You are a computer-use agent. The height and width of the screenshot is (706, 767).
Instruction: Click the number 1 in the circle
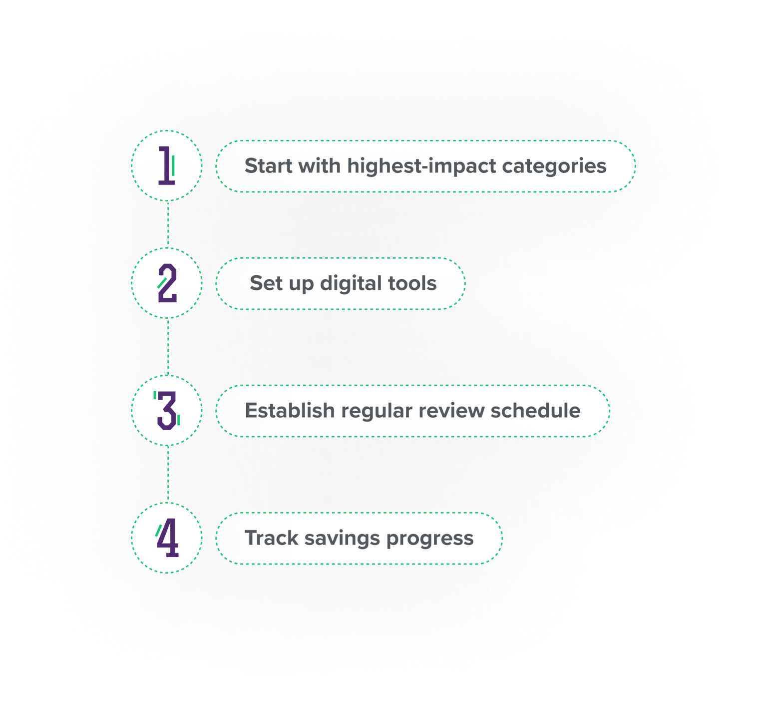point(167,165)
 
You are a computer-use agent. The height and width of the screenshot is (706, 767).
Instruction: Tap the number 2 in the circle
point(167,283)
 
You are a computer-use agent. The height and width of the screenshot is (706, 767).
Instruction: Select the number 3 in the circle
point(167,411)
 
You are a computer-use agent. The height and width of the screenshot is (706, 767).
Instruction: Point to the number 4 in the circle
point(167,538)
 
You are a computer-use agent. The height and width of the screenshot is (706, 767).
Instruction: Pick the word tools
point(413,283)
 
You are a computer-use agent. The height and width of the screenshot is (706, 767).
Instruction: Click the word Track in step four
point(271,538)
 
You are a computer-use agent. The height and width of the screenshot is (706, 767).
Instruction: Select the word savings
point(342,538)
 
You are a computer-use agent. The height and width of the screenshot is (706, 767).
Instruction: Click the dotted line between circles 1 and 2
point(168,224)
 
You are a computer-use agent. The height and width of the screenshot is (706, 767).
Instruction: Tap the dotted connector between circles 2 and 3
point(168,347)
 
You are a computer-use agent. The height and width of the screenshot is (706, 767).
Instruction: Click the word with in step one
point(320,166)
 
